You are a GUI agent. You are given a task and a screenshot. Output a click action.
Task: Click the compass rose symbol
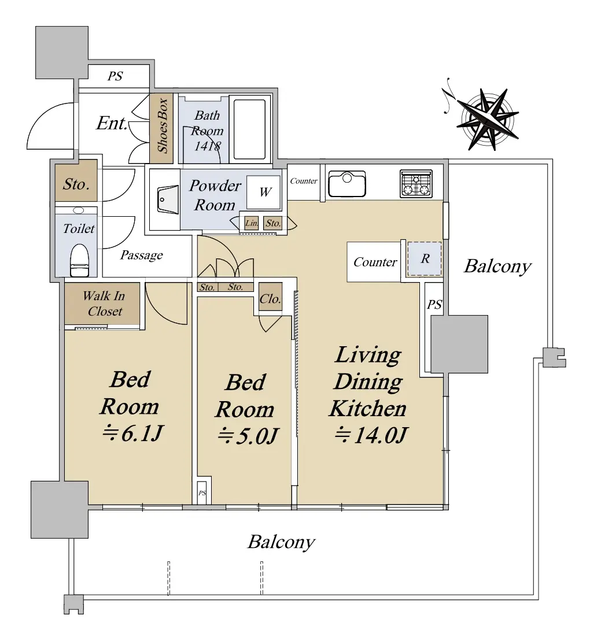(x=487, y=119)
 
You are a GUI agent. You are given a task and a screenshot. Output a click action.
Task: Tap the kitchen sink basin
(x=347, y=184)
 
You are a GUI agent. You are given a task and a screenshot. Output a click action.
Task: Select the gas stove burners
(x=416, y=184)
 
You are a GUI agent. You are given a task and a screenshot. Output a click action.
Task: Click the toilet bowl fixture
(x=80, y=261)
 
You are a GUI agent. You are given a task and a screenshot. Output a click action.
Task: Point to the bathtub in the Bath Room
(x=249, y=129)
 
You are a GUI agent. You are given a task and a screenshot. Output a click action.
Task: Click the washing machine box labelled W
(x=264, y=192)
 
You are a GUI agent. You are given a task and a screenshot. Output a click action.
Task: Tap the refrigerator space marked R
(x=425, y=258)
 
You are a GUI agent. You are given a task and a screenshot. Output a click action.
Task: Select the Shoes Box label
(x=163, y=126)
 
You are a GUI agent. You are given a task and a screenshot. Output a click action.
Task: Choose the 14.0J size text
(x=371, y=435)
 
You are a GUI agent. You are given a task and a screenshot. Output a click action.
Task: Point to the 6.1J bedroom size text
(x=132, y=433)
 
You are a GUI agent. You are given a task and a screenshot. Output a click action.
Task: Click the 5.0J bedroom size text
(x=247, y=436)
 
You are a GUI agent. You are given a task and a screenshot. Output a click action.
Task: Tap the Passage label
(x=141, y=255)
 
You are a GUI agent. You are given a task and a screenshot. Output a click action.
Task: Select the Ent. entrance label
(x=112, y=123)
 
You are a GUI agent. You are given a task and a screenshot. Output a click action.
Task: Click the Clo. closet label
(x=270, y=299)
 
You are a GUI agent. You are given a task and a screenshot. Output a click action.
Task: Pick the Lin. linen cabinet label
(x=251, y=223)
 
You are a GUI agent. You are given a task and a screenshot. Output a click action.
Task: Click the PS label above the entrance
(x=115, y=76)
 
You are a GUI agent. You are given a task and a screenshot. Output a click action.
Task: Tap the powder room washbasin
(x=167, y=199)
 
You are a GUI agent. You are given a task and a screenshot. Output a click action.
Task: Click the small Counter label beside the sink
(x=304, y=181)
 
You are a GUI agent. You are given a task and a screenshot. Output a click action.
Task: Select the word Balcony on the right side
(x=497, y=266)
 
